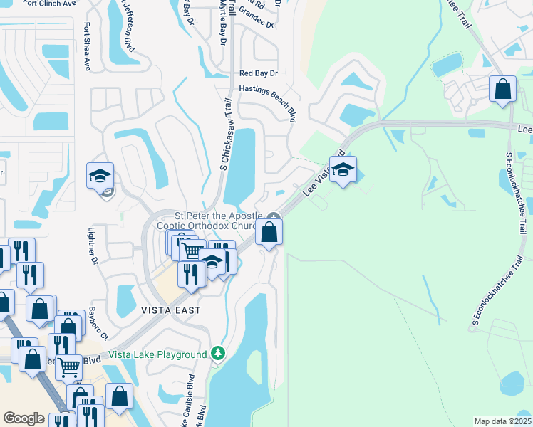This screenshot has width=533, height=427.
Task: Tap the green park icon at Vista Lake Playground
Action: coord(218,354)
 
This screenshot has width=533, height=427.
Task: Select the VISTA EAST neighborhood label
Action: coord(170,310)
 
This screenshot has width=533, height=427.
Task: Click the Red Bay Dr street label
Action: coord(258,73)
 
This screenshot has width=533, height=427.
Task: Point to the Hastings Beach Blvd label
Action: coord(267,100)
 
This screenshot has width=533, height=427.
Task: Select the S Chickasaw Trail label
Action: coord(226,136)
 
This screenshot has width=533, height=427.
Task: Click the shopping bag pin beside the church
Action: coord(269,233)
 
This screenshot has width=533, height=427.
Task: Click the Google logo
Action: coord(24,418)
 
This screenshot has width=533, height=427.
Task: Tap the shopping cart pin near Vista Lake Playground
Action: coord(69,367)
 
